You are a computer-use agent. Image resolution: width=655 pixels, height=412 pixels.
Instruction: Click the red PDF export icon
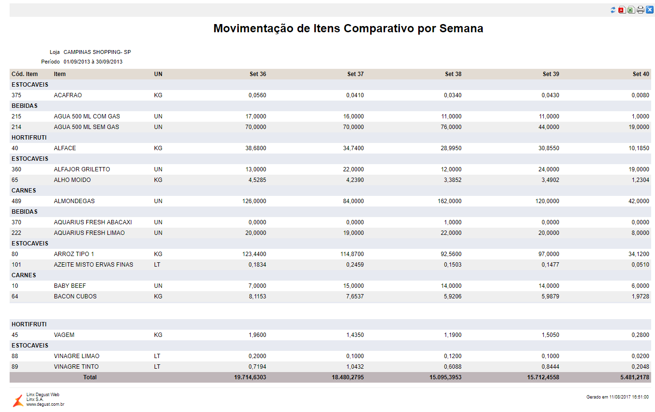622,10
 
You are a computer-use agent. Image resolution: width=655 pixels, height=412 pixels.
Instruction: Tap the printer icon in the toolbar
640,10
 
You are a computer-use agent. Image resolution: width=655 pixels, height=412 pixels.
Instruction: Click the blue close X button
649,10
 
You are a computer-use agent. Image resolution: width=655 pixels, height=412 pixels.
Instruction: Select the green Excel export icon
631,10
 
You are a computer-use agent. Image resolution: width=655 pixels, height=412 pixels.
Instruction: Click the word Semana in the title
461,28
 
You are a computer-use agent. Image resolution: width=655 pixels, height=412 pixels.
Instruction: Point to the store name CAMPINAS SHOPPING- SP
97,52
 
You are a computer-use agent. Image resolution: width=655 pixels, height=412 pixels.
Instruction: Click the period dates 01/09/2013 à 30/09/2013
93,62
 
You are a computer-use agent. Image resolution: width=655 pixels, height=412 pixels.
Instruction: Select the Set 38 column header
453,74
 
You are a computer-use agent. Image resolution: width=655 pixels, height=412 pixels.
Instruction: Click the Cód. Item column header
25,74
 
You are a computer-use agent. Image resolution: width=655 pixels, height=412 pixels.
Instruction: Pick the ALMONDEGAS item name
74,201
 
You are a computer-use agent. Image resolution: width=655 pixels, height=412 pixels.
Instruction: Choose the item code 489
16,201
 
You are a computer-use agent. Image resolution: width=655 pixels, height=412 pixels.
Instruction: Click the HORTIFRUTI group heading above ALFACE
29,138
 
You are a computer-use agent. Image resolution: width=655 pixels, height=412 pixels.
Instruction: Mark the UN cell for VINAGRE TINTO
157,367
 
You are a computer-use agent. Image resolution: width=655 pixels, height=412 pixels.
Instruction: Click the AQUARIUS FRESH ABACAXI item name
93,222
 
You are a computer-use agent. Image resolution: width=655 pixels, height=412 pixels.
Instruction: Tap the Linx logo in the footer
18,400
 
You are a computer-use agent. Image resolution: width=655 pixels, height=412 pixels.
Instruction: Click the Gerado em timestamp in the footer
617,397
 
